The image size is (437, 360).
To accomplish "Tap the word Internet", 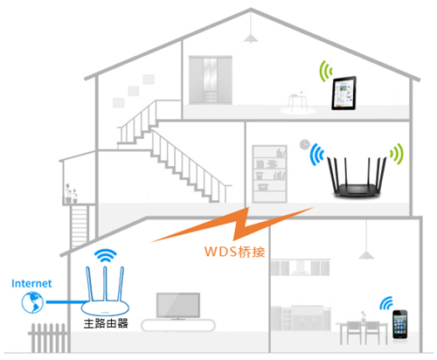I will (x=32, y=283).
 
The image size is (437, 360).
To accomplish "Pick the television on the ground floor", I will (x=177, y=305).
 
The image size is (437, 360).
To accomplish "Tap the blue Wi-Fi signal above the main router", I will (x=105, y=256).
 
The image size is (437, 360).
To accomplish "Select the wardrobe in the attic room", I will (x=212, y=81).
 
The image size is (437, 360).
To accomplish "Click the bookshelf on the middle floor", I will (x=269, y=170).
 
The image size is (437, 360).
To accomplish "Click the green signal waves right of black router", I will (x=399, y=157).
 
